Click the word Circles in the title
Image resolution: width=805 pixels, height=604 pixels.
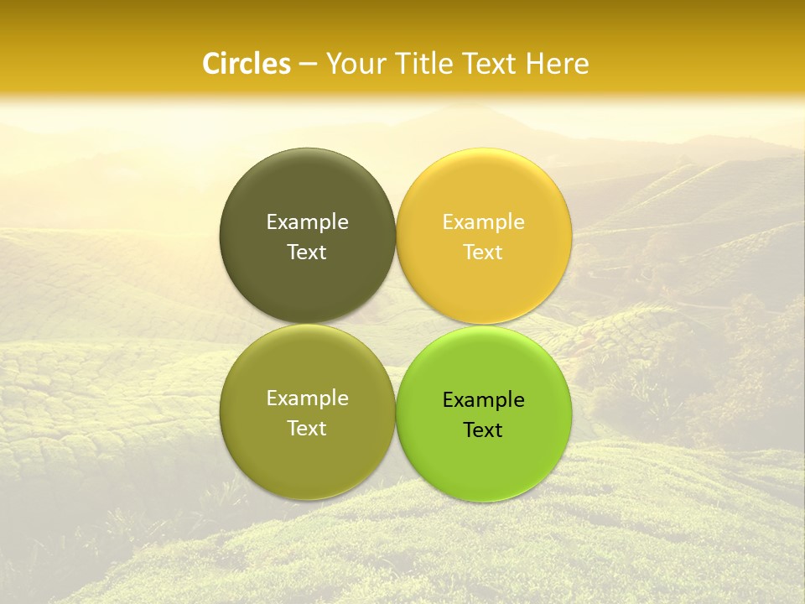pyautogui.click(x=246, y=64)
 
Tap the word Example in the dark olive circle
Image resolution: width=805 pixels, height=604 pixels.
pyautogui.click(x=307, y=221)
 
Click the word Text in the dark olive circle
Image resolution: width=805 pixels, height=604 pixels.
pyautogui.click(x=307, y=252)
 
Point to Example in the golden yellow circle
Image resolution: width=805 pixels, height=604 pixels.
pyautogui.click(x=484, y=221)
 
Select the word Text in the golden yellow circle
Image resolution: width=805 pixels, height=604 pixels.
pyautogui.click(x=484, y=252)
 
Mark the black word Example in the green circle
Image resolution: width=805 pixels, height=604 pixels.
pyautogui.click(x=484, y=399)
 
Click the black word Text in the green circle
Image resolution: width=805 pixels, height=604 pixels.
pyautogui.click(x=484, y=430)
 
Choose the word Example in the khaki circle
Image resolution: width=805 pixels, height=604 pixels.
pyautogui.click(x=307, y=398)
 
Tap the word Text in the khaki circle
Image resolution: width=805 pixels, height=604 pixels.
pyautogui.click(x=307, y=428)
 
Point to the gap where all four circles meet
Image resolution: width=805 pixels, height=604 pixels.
pyautogui.click(x=396, y=324)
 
